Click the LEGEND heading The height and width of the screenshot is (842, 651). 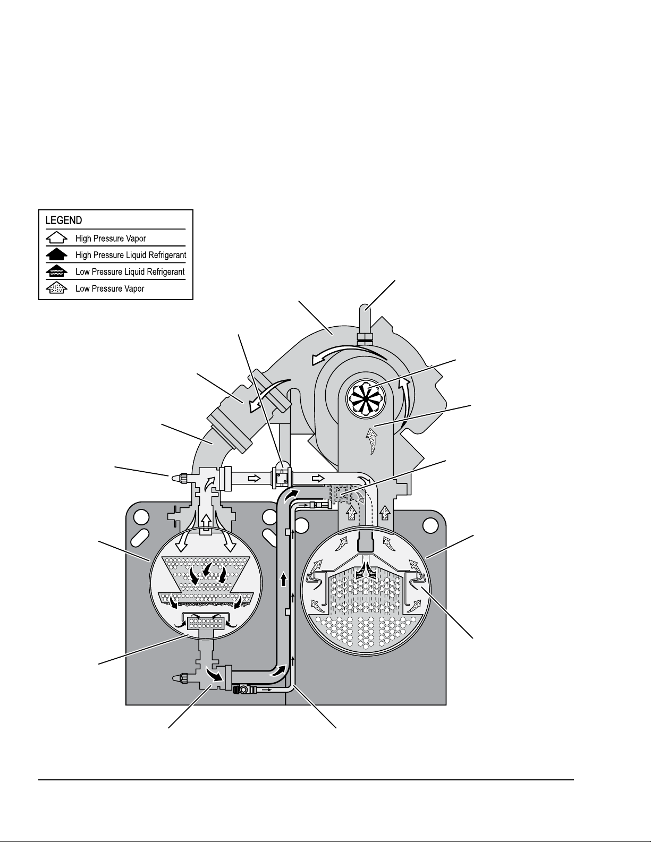click(63, 220)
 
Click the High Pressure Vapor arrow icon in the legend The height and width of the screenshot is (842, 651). click(56, 238)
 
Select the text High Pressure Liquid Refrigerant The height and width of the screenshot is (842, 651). click(131, 255)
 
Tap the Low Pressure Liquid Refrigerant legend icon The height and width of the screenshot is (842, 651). click(56, 271)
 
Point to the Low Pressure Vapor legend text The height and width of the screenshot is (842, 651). click(110, 288)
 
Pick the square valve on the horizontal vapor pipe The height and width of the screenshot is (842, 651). click(281, 478)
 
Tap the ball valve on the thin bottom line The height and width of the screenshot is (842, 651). click(243, 691)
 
